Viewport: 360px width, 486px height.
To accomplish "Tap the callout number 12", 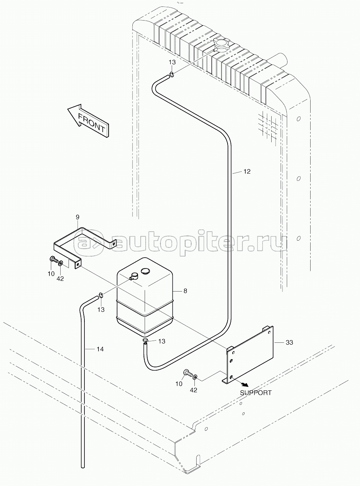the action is pos(247,172).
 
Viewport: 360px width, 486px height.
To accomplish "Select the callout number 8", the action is pos(185,291).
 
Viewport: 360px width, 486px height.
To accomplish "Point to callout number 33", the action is pos(289,342).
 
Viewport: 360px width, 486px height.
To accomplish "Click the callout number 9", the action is pos(78,217).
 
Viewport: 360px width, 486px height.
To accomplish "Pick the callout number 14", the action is pos(100,349).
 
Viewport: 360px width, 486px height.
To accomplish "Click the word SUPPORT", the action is pos(256,393).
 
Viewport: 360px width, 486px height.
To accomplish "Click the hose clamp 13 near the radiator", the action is pos(172,74).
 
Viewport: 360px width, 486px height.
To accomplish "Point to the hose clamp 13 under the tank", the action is pos(145,340).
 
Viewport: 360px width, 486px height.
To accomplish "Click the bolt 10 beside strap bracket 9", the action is pos(54,260).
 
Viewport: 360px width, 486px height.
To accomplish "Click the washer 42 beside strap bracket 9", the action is pos(61,263).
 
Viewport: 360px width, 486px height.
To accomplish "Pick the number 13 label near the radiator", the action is pos(172,62).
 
